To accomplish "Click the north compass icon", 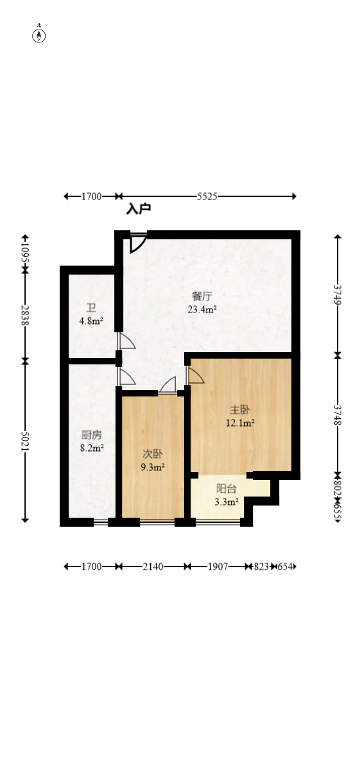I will click(x=39, y=35).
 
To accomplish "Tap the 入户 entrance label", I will click(x=138, y=209).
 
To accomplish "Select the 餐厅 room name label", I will click(x=201, y=296).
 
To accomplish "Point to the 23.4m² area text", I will click(x=201, y=309).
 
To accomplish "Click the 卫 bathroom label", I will click(x=91, y=308).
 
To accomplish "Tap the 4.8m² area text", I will click(x=91, y=321).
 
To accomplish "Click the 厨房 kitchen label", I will click(x=91, y=434).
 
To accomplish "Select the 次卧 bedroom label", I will click(x=153, y=453).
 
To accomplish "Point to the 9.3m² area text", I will click(x=153, y=467).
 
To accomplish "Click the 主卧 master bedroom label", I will click(x=240, y=409).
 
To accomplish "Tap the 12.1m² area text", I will click(x=240, y=423).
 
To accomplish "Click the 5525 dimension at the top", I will click(x=207, y=196).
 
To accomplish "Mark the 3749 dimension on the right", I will click(x=338, y=296).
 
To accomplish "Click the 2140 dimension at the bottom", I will click(x=153, y=566).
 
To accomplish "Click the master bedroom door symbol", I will click(x=194, y=375).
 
